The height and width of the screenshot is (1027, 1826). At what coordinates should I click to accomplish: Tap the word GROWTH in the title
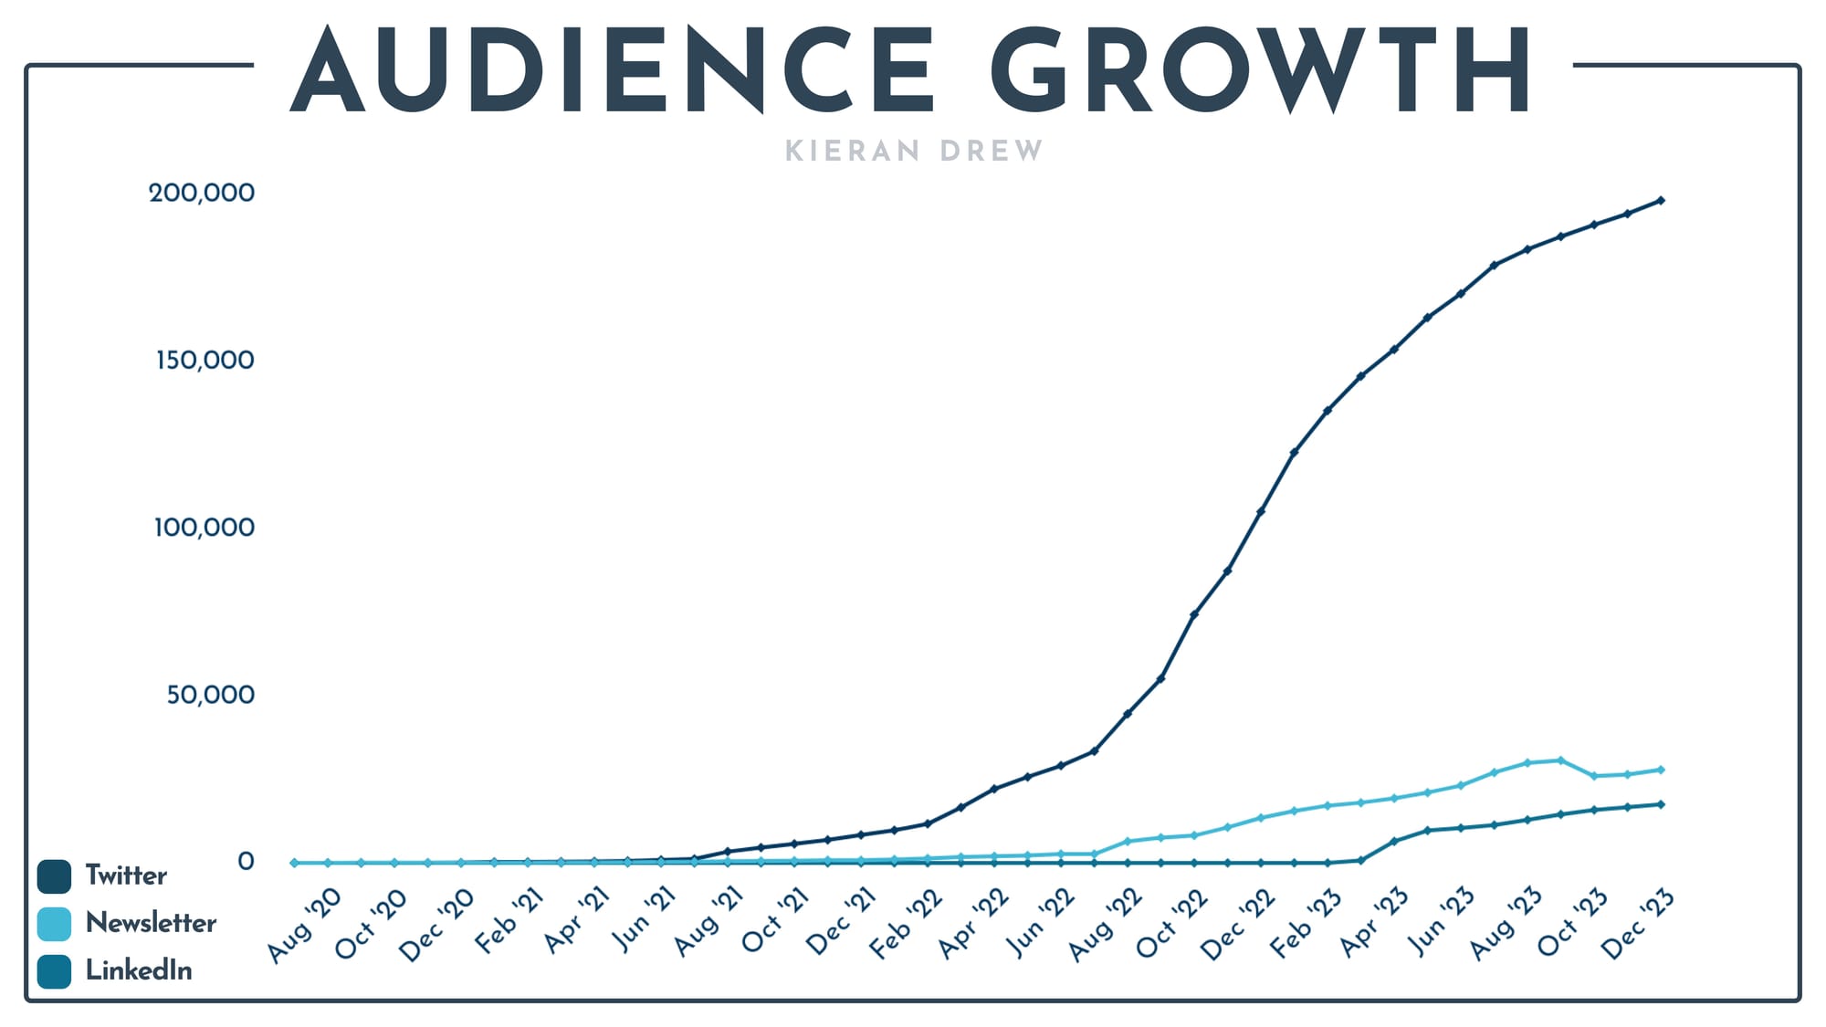pos(1260,71)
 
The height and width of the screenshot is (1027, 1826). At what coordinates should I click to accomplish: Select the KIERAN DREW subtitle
pos(914,151)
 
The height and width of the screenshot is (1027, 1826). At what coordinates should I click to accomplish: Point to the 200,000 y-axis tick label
pos(202,193)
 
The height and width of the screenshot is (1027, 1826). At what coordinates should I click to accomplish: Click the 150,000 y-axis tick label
pos(205,360)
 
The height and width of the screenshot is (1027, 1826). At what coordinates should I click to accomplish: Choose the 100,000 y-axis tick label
pos(204,527)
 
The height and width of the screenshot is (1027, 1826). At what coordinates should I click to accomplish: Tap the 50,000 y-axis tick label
pos(210,695)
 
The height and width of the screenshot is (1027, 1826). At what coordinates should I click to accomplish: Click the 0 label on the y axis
pos(246,862)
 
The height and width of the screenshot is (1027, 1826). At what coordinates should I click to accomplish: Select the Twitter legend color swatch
pos(54,876)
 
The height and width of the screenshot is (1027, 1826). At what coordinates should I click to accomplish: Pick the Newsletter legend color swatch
pos(54,924)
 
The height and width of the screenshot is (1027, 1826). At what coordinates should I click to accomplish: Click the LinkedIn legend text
pos(139,970)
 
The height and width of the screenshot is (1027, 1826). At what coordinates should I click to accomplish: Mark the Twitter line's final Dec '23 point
pos(1661,200)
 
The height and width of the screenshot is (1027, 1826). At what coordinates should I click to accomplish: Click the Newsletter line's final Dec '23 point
pos(1661,770)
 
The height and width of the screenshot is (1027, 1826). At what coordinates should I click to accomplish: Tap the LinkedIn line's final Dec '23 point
pos(1661,804)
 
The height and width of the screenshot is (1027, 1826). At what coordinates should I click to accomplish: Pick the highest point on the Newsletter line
pos(1560,760)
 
